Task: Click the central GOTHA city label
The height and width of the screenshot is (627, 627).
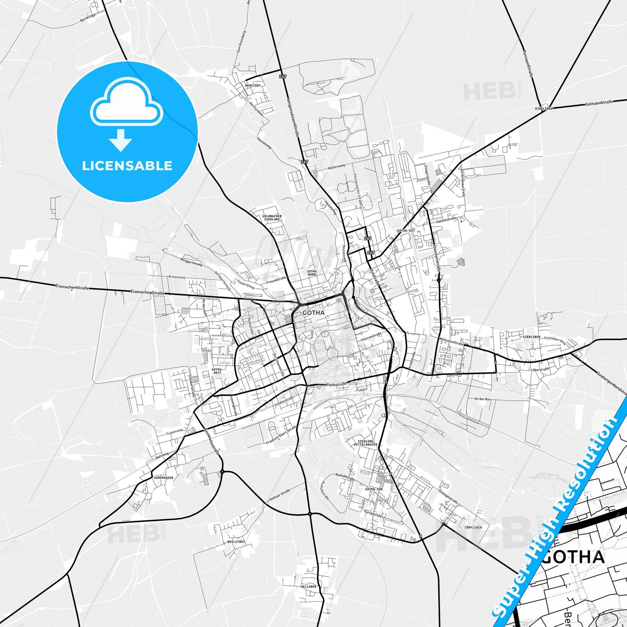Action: [313, 312]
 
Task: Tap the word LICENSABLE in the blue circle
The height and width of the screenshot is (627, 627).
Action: [127, 166]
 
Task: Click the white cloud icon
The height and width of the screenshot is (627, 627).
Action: [126, 105]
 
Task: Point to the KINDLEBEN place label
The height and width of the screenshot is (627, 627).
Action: [544, 108]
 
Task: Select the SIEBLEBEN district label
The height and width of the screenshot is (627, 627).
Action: [532, 337]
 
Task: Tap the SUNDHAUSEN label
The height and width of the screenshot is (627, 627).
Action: [163, 478]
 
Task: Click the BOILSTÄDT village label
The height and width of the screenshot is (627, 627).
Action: [236, 542]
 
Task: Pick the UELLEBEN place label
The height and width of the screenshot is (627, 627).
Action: [309, 586]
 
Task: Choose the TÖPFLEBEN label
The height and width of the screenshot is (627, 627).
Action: [473, 528]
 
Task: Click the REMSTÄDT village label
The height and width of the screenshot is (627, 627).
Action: [253, 86]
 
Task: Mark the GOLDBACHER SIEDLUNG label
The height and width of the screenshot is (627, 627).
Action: [272, 218]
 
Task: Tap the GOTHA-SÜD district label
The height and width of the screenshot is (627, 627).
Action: [374, 489]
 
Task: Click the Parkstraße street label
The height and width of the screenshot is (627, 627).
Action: [337, 384]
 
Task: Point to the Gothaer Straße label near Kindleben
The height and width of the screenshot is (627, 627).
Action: [599, 103]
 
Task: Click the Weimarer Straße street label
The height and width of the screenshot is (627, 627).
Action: [451, 341]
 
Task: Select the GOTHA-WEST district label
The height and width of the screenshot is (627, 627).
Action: [217, 371]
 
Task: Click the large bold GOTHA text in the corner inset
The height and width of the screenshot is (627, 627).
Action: [573, 557]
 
